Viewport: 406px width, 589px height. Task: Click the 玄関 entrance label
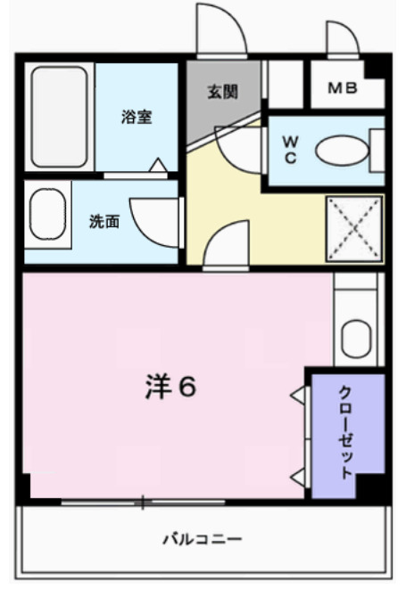223,91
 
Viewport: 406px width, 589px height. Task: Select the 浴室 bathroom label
136,117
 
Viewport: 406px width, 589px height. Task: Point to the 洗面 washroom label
103,222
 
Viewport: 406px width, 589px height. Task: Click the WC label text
290,149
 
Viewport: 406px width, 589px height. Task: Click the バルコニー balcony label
202,540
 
